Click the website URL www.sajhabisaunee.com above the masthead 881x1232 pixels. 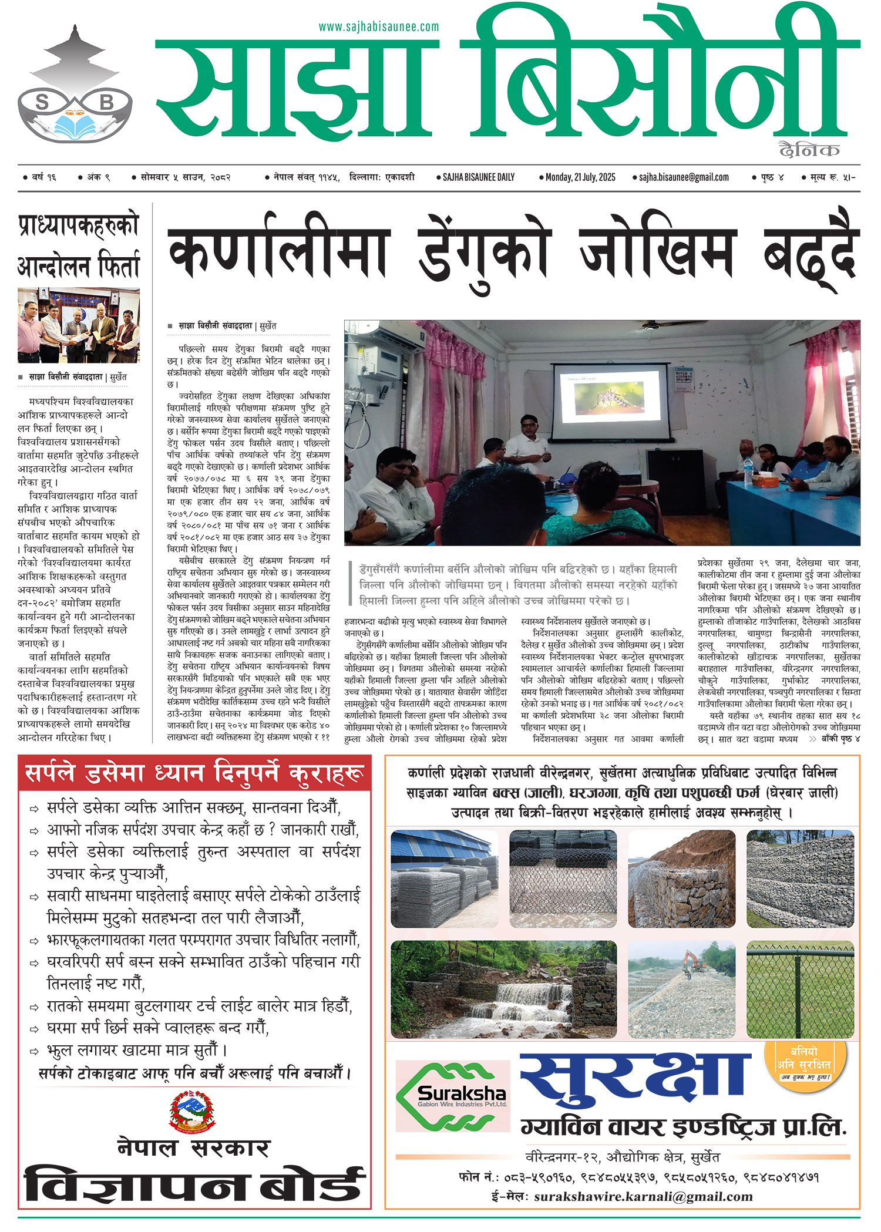click(379, 26)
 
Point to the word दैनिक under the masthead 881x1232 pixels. click(809, 150)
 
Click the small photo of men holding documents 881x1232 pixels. click(79, 325)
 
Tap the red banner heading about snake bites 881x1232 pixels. click(194, 774)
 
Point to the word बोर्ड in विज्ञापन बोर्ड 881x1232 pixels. click(312, 1184)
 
